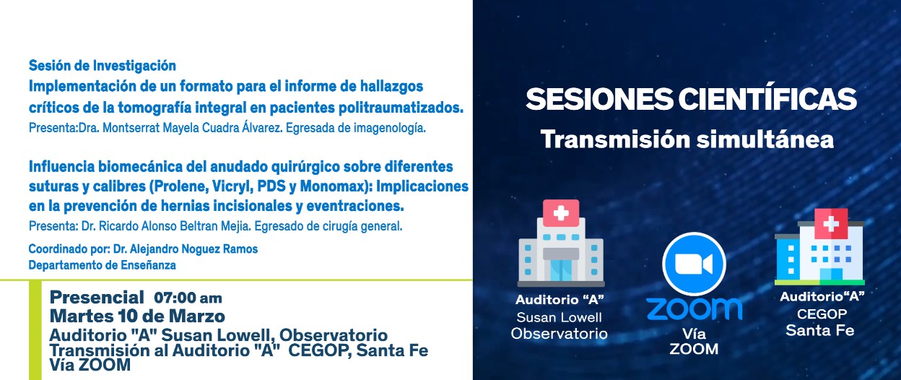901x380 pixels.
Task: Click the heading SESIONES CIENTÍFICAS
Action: pos(691,99)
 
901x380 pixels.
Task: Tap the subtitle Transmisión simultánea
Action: pos(687,139)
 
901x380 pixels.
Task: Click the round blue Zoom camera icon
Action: pos(693,264)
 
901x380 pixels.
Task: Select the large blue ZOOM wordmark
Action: pos(694,308)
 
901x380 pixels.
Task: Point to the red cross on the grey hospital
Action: pos(561,212)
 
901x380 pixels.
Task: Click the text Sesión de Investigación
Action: pos(102,66)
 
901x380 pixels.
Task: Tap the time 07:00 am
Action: pos(188,298)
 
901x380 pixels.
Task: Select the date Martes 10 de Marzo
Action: pos(137,316)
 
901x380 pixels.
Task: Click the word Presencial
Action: pos(97,297)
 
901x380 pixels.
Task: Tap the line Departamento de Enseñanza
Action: pos(102,265)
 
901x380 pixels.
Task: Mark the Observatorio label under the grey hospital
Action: pos(559,333)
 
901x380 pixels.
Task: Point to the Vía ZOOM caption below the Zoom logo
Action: pos(693,342)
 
